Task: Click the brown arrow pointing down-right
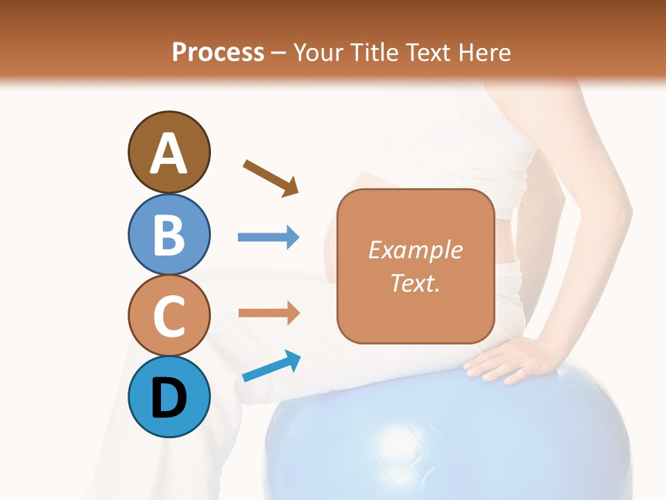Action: tap(271, 178)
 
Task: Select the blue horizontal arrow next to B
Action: tap(268, 237)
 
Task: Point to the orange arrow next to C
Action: tap(268, 312)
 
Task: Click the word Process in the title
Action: tap(218, 52)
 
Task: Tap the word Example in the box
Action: tap(415, 250)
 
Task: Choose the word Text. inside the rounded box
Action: tap(415, 283)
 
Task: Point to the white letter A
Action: tap(169, 154)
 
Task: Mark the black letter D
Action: tap(169, 398)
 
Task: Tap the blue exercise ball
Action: tap(451, 437)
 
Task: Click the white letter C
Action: tap(169, 316)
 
